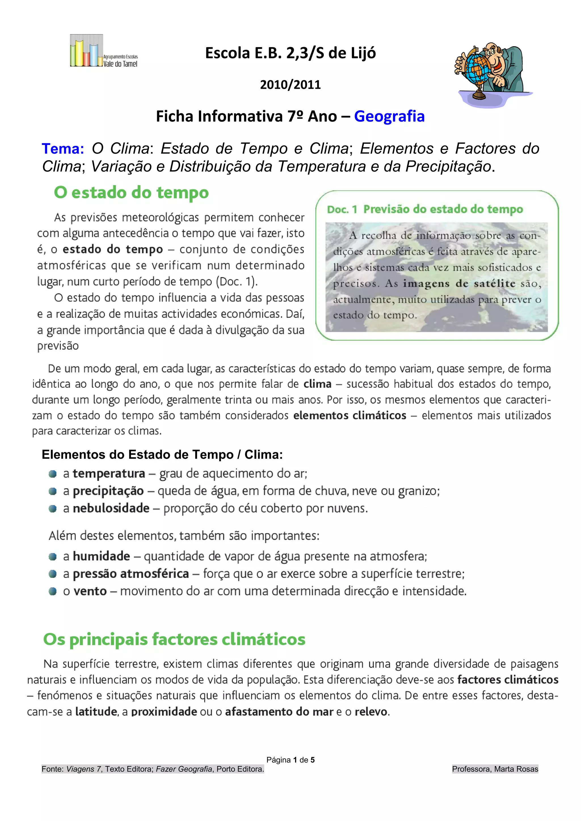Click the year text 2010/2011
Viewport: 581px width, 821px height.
[290, 85]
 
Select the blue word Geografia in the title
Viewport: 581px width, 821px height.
[389, 117]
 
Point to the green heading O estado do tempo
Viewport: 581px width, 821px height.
[131, 193]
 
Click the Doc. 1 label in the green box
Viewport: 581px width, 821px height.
[342, 209]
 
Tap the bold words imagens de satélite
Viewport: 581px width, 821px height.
[459, 283]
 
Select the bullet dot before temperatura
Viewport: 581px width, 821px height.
[52, 474]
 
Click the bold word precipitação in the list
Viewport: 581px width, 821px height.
[108, 491]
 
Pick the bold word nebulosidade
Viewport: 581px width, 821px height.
[111, 508]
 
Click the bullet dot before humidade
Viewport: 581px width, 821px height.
[52, 557]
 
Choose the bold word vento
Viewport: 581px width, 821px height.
[90, 591]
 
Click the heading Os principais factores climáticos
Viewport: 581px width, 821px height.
[174, 639]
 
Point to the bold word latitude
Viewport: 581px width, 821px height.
[96, 712]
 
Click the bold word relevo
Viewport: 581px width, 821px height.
[371, 712]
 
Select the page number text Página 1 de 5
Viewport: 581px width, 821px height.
[290, 760]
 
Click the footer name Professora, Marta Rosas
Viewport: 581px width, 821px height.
[495, 769]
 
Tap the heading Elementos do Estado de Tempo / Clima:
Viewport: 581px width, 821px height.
[162, 454]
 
